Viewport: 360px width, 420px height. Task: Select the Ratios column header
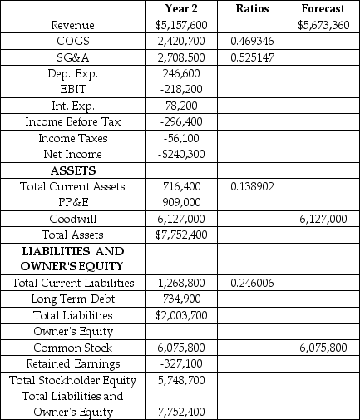click(x=251, y=9)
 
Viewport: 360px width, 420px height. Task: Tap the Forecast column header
click(x=323, y=9)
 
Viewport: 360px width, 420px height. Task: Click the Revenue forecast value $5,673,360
click(x=323, y=25)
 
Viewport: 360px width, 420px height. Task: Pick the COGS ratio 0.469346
click(x=251, y=41)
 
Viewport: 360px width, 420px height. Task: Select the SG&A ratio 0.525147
click(x=251, y=57)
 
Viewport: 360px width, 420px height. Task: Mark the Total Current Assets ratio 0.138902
click(x=251, y=186)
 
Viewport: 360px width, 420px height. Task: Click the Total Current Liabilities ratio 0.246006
click(x=251, y=282)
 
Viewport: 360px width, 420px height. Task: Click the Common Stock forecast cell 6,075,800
click(x=323, y=347)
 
